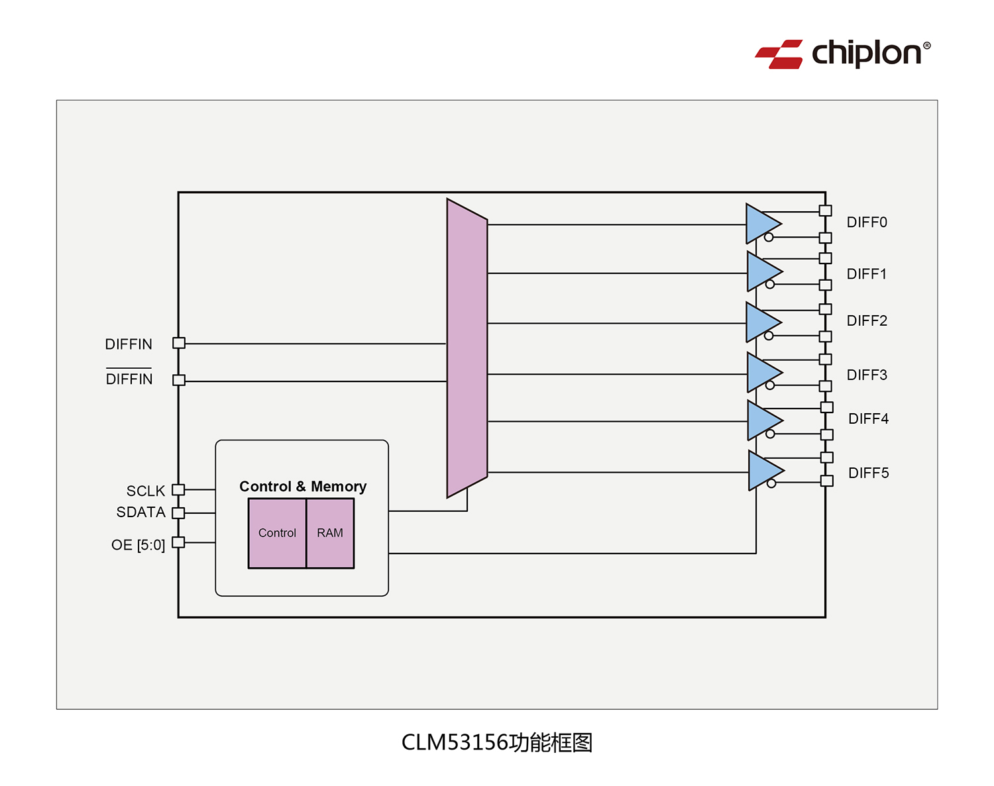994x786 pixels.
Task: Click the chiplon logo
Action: pyautogui.click(x=842, y=54)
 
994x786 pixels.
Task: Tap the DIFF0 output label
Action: pyautogui.click(x=866, y=222)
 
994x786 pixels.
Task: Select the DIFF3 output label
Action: pyautogui.click(x=866, y=375)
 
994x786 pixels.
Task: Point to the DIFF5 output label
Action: pyautogui.click(x=868, y=473)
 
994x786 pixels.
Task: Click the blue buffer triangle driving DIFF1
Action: pyautogui.click(x=763, y=271)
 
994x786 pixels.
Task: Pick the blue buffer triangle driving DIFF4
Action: pyautogui.click(x=763, y=420)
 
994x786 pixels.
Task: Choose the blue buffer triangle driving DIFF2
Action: pyautogui.click(x=762, y=322)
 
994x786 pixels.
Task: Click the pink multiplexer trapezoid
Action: pyautogui.click(x=467, y=348)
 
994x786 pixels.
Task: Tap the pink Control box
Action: pyautogui.click(x=277, y=533)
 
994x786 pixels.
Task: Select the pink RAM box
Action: pyautogui.click(x=330, y=533)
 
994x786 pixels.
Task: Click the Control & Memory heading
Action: pyautogui.click(x=303, y=487)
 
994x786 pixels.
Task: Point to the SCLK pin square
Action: pyautogui.click(x=178, y=490)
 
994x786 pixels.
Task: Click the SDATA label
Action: pyautogui.click(x=140, y=513)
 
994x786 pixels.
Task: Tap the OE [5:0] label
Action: pyautogui.click(x=138, y=545)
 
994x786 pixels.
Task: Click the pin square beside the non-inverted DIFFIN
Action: pyautogui.click(x=179, y=343)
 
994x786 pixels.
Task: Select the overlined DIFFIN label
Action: pyautogui.click(x=129, y=379)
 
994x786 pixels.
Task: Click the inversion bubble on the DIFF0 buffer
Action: pyautogui.click(x=769, y=237)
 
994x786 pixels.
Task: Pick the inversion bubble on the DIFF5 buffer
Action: pyautogui.click(x=771, y=483)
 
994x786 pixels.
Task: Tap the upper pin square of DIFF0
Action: pyautogui.click(x=825, y=211)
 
